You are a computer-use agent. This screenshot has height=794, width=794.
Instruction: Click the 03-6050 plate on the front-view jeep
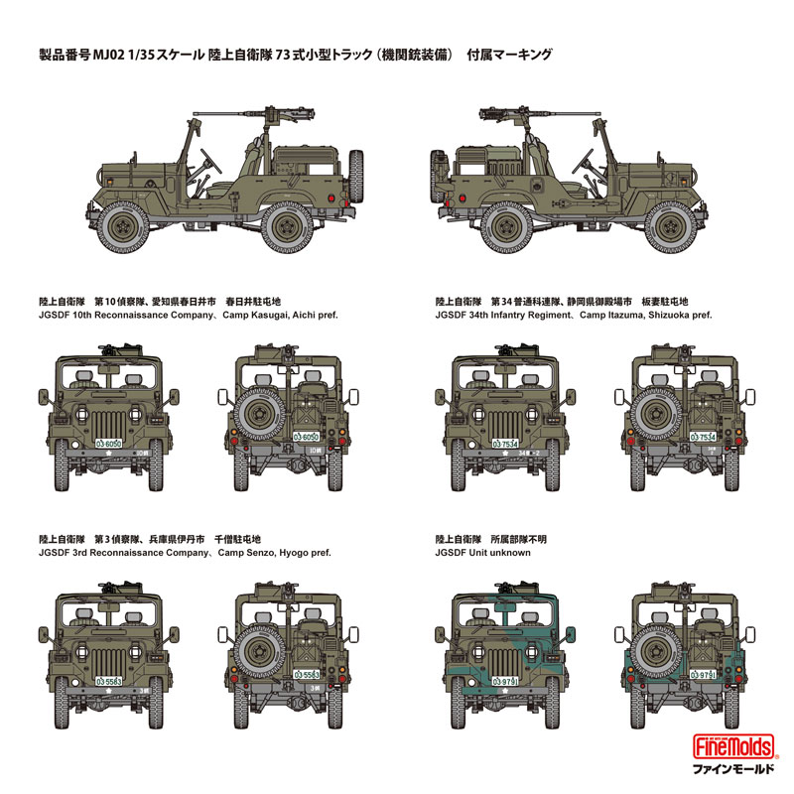[x=108, y=445]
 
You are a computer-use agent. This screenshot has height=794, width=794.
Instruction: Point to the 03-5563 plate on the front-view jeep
[x=108, y=684]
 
